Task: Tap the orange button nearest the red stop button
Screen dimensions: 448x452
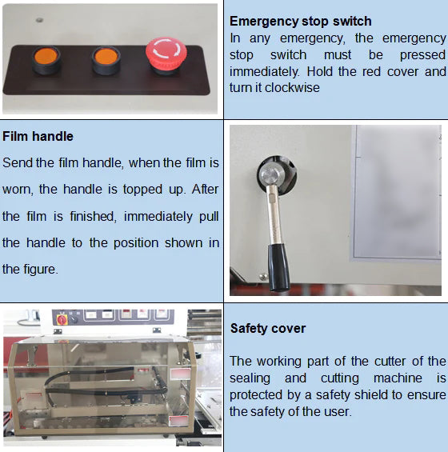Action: pos(106,60)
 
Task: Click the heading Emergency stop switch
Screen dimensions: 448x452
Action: pos(300,22)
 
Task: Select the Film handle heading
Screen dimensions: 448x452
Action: pos(38,136)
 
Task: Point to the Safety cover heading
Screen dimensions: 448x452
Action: pos(268,329)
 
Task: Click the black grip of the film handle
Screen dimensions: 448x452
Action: pos(278,267)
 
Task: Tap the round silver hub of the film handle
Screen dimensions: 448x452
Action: pos(272,174)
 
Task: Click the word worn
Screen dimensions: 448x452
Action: pos(18,190)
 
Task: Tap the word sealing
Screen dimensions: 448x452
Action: pos(250,378)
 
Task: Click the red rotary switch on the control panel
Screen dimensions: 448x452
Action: pos(62,320)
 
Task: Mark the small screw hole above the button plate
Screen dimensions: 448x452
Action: pos(39,20)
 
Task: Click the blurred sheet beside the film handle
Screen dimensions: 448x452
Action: pos(397,193)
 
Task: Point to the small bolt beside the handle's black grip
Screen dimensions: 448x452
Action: pos(263,277)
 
